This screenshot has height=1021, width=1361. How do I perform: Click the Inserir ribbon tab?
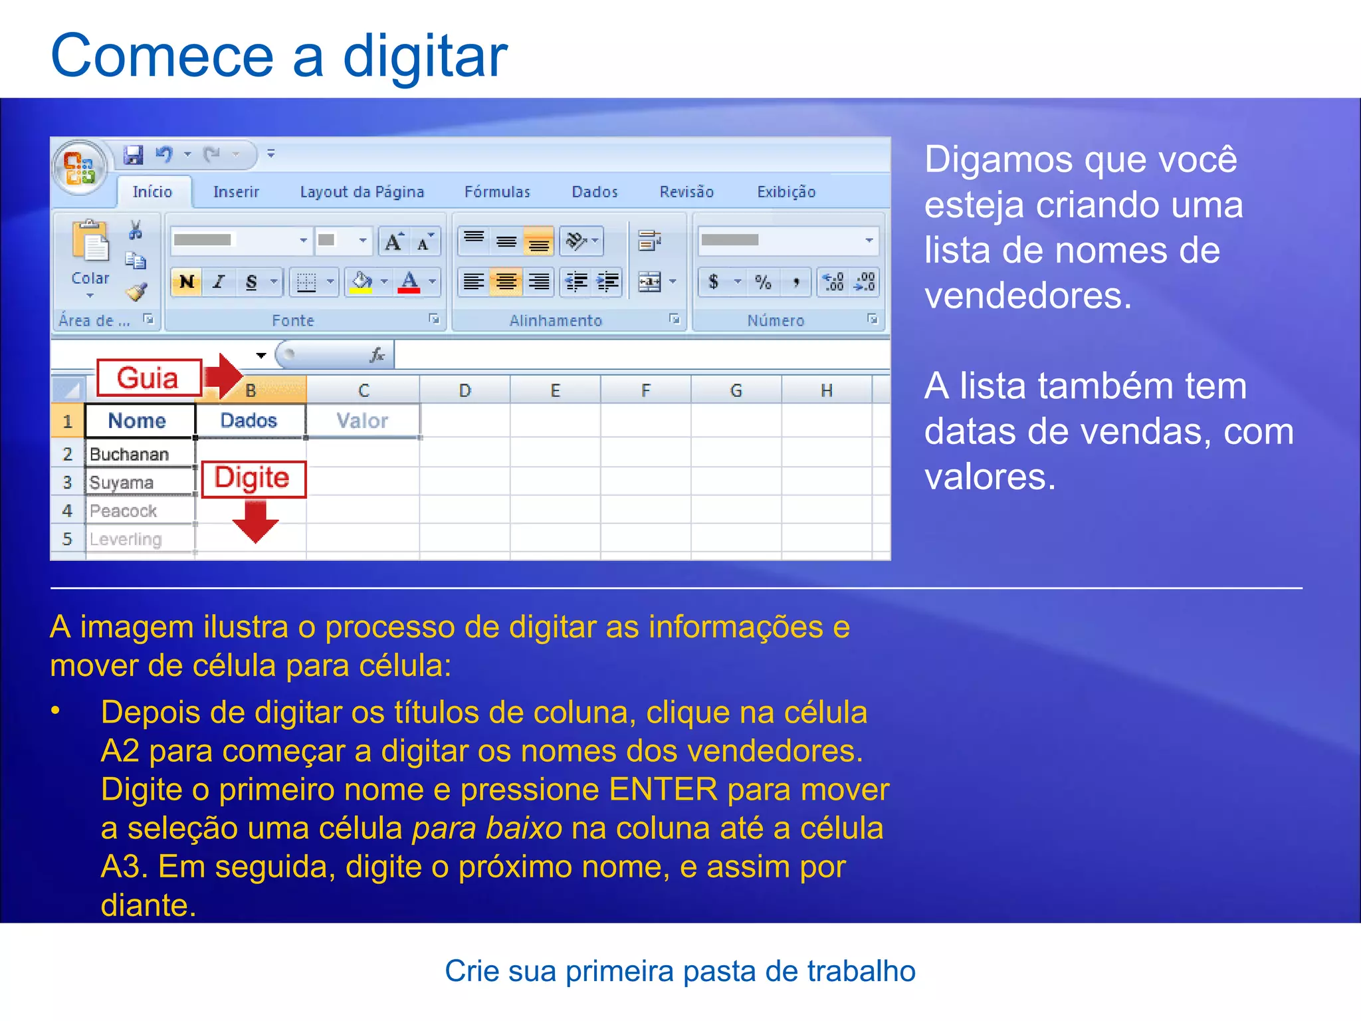coord(236,192)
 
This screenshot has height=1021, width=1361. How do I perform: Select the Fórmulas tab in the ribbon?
coord(497,192)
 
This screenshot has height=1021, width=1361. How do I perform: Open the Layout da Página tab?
coord(362,192)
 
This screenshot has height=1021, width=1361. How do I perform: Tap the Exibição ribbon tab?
coord(786,192)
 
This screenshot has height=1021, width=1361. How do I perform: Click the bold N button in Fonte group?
coord(187,282)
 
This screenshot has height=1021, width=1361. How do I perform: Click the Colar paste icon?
coord(90,243)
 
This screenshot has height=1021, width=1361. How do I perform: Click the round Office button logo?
coord(80,166)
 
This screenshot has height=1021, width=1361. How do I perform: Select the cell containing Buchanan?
coord(140,454)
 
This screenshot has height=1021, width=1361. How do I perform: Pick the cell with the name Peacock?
coord(140,510)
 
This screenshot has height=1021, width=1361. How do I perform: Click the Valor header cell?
coord(362,421)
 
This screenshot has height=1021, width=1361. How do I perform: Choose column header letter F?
coord(645,390)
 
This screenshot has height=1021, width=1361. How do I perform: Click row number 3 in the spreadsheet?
coord(67,482)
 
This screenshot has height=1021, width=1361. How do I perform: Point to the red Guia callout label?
coord(148,378)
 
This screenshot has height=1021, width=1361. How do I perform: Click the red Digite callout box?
coord(253,479)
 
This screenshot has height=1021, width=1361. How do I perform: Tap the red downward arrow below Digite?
coord(256,522)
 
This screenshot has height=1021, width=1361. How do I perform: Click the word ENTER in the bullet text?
coord(663,790)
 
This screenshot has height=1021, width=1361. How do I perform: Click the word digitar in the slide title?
coord(425,57)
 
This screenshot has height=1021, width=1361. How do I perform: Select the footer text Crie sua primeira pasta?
coord(680,971)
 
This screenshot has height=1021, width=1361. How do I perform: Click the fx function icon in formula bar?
coord(377,355)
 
